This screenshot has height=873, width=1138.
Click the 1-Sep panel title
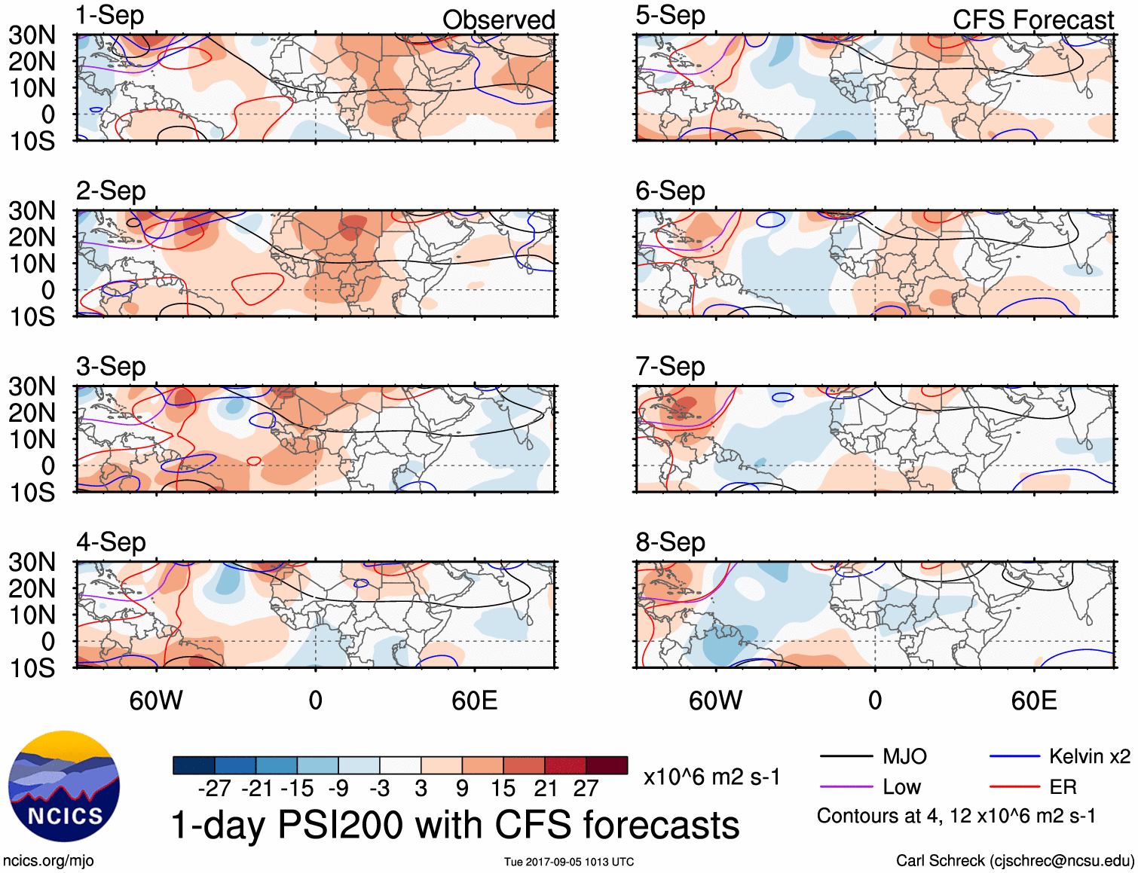click(110, 16)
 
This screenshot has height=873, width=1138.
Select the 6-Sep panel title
click(670, 191)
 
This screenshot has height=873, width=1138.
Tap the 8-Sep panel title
click(670, 542)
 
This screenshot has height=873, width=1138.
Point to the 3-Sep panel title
click(111, 367)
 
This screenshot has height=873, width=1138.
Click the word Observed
click(498, 20)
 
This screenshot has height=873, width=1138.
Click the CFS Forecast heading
click(1032, 20)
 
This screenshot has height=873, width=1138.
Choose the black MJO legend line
click(846, 756)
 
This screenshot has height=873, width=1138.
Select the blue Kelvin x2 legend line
click(1014, 756)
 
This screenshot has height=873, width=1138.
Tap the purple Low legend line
click(846, 787)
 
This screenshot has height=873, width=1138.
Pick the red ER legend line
click(1014, 787)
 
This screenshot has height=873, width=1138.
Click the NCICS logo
click(64, 786)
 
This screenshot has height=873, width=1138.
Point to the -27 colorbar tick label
click(214, 789)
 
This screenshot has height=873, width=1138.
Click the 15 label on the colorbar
click(503, 789)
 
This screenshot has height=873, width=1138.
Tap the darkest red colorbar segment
click(607, 765)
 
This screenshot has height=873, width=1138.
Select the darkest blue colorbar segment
click(194, 765)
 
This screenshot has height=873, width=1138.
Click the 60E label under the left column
click(474, 701)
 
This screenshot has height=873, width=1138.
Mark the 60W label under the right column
click(715, 701)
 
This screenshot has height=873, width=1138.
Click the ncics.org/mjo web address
click(48, 861)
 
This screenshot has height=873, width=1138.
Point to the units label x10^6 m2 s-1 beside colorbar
click(711, 777)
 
